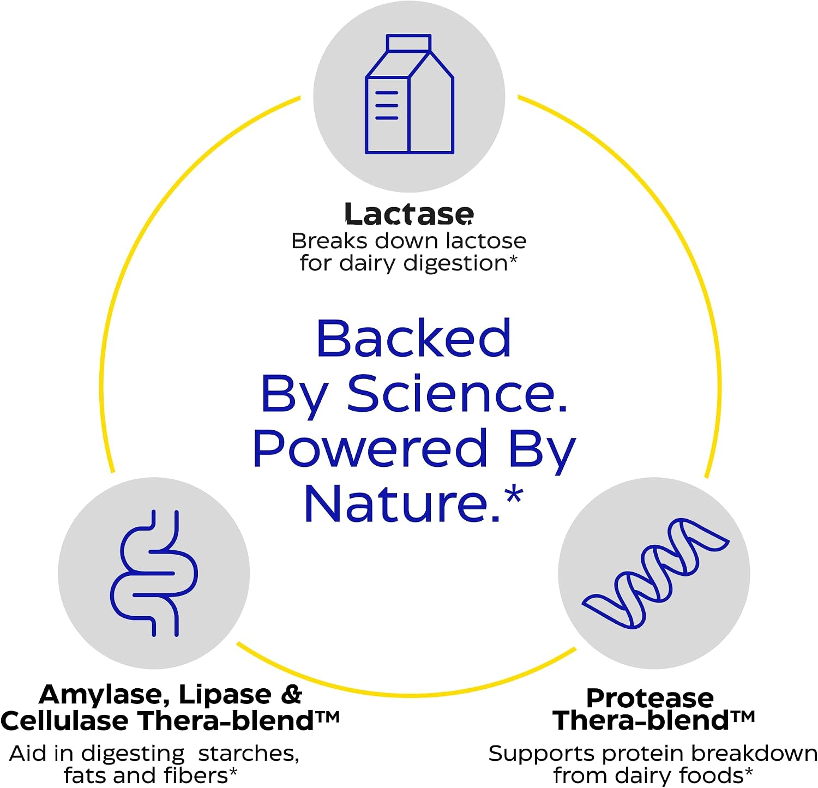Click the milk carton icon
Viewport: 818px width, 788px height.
click(x=409, y=94)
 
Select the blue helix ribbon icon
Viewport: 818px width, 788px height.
click(x=655, y=573)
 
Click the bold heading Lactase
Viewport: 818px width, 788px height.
click(x=409, y=214)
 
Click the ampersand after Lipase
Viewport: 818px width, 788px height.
click(x=292, y=694)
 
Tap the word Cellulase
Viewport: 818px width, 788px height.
click(x=64, y=720)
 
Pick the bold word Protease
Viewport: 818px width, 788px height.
click(x=649, y=698)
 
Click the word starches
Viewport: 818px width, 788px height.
click(x=249, y=754)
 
